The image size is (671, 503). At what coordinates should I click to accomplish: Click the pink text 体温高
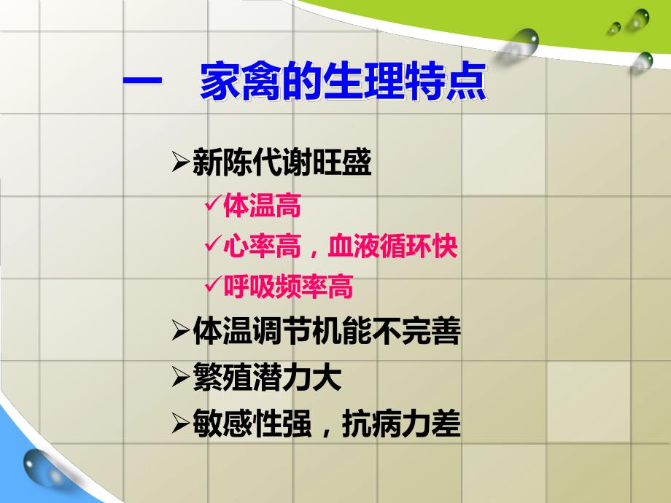click(x=262, y=206)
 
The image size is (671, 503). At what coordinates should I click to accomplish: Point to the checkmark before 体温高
click(x=213, y=206)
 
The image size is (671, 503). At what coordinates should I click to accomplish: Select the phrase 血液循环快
click(x=393, y=246)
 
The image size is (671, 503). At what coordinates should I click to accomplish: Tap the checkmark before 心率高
click(x=213, y=246)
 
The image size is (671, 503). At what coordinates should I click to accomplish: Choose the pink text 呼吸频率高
click(x=288, y=287)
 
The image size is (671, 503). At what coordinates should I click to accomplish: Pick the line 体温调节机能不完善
click(x=326, y=332)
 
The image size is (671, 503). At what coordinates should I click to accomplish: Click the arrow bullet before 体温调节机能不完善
click(x=180, y=332)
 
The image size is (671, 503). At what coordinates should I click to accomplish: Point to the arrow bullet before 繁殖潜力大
click(x=180, y=378)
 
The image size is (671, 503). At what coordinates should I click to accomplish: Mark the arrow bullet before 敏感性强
click(x=180, y=424)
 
